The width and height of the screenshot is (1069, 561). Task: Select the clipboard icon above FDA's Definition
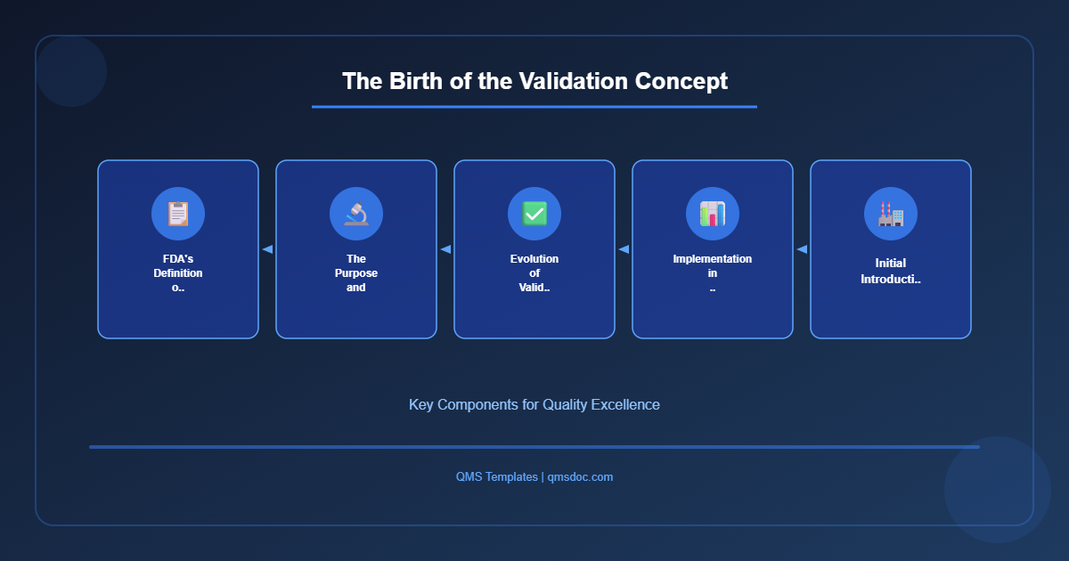coord(178,214)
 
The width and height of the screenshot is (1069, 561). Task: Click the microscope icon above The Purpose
coord(356,214)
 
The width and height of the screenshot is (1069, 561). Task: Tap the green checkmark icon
coord(534,214)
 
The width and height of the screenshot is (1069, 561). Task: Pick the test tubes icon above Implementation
coord(713,214)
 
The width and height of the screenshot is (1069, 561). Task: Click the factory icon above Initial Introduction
coord(891,214)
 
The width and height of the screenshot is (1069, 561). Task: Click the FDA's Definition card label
coord(178,273)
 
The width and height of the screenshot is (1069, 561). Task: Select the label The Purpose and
coord(356,273)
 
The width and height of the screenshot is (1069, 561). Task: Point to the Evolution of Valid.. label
coord(534,273)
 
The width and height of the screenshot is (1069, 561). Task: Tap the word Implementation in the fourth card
coord(713,259)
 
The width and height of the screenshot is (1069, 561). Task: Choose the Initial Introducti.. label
coord(891,272)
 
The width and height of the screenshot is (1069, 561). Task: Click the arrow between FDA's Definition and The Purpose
coord(267,249)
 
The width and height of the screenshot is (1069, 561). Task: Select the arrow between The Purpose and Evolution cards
coord(445,249)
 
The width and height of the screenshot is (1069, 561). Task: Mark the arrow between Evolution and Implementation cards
coord(624,249)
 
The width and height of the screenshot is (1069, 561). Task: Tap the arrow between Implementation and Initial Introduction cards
coord(802,249)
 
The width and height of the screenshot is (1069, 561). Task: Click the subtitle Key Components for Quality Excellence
coord(534,404)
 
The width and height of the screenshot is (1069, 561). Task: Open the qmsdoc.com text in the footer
coord(580,477)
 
